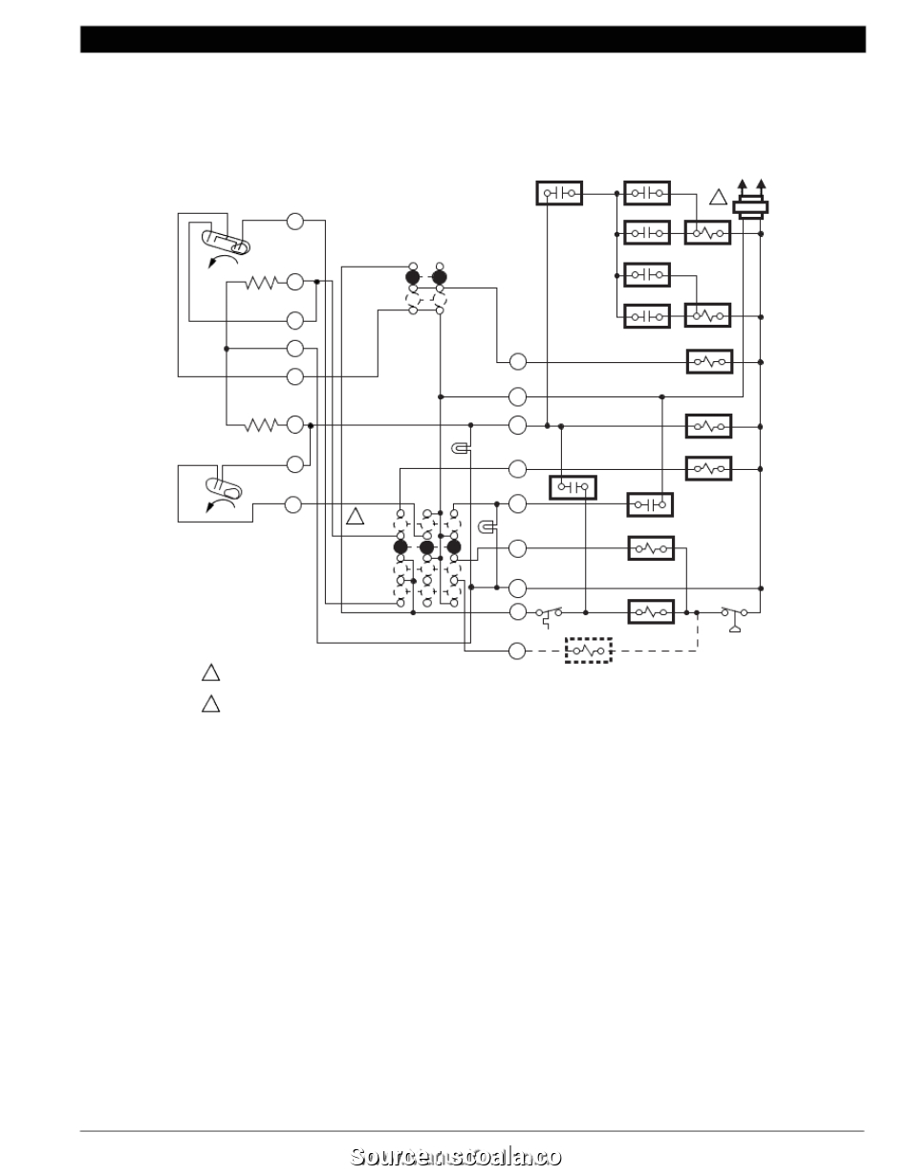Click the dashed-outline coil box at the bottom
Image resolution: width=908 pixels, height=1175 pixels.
588,651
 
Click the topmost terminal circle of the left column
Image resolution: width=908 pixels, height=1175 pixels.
294,222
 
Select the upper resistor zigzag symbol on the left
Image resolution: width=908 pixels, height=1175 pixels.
260,282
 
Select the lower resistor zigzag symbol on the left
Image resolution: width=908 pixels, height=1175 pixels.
260,424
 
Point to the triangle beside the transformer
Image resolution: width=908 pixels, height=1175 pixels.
718,199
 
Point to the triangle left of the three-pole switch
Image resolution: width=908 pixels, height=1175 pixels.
355,517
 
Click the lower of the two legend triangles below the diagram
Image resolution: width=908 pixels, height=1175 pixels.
211,705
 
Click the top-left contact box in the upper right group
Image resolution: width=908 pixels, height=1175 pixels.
559,193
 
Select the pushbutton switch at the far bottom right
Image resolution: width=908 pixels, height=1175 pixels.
734,614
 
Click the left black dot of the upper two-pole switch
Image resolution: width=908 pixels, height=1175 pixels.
413,278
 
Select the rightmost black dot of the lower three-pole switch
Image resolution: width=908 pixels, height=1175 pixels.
454,546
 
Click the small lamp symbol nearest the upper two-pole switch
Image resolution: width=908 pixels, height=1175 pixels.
460,448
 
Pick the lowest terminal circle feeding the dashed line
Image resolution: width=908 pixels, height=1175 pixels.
517,651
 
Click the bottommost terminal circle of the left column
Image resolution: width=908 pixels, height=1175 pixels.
294,503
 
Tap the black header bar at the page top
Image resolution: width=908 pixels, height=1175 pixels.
472,39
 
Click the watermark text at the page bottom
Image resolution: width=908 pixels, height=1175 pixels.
455,1156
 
